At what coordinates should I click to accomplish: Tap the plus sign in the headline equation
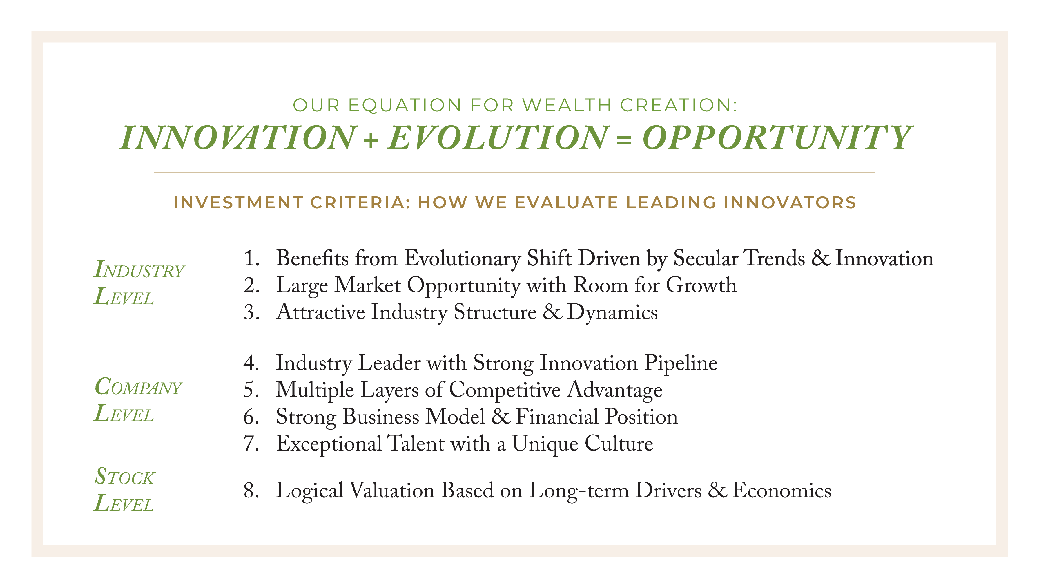coord(371,140)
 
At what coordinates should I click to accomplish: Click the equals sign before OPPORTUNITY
coord(624,140)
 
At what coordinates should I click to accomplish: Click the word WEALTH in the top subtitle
coord(567,105)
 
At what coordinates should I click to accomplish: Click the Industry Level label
coord(139,283)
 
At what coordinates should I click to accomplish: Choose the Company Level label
coord(138,400)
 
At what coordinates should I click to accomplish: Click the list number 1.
coord(251,258)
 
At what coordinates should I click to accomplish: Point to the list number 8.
coord(251,491)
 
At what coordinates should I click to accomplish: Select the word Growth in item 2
coord(701,285)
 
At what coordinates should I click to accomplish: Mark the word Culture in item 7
coord(619,444)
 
